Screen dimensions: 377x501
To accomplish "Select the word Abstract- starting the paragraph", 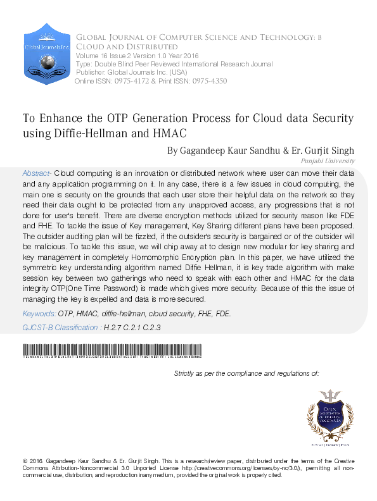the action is click(x=37, y=173).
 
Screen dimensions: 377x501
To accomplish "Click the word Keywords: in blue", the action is click(x=39, y=314).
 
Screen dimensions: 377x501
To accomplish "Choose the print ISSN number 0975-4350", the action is click(x=207, y=81).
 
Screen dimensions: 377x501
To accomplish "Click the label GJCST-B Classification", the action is click(x=61, y=328).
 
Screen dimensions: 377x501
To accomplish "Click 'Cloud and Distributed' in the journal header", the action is click(x=127, y=47).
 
